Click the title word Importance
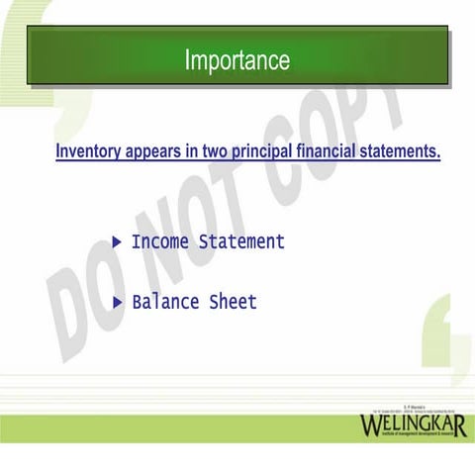pos(237,60)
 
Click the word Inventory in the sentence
pos(88,152)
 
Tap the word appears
pos(154,152)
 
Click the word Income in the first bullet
pos(160,241)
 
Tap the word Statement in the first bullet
pos(241,241)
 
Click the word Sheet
pos(233,302)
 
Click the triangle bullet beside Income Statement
pos(118,241)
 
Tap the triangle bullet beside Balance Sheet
pos(118,301)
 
